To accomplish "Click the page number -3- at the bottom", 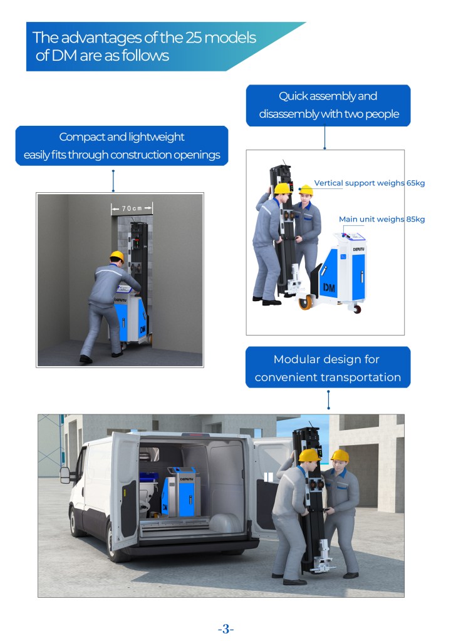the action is [x=225, y=628].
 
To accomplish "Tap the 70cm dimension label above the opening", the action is [x=132, y=208].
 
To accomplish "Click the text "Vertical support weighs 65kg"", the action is [x=369, y=183].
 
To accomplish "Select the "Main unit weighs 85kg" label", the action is [x=381, y=219].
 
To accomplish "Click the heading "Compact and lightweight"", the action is [x=122, y=137].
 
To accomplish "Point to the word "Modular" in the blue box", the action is [x=296, y=359].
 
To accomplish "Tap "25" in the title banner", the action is [x=193, y=38].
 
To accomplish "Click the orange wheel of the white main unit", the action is [x=305, y=302].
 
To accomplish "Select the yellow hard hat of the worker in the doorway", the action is [x=117, y=256].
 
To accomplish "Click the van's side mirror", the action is [x=65, y=476].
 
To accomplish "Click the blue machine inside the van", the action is [x=182, y=492].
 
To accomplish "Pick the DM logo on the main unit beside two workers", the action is [x=329, y=288].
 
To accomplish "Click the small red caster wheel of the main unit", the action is [x=357, y=309].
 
